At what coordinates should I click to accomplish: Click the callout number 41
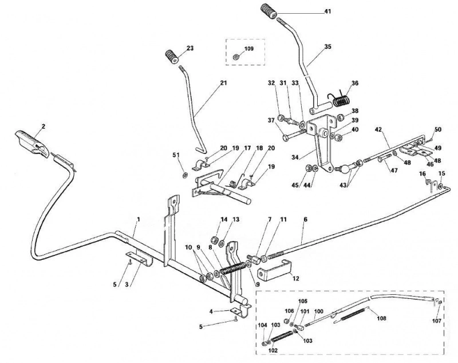pos(327,11)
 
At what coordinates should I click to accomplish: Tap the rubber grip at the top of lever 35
pos(269,11)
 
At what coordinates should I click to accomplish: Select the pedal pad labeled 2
pos(33,143)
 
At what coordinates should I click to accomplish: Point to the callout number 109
pos(249,49)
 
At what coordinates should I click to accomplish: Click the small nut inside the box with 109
pos(235,57)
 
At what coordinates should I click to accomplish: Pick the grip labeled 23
pos(172,56)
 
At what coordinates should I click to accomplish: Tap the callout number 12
pos(295,278)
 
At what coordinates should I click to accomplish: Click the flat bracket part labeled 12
pos(274,270)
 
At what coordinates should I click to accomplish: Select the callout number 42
pos(378,129)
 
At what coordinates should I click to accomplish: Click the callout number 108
pos(381,318)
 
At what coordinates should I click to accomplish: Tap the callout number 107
pos(437,321)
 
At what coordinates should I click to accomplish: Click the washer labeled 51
pos(185,175)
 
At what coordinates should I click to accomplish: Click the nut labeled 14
pos(214,239)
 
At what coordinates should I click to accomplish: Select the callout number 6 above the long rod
pos(306,219)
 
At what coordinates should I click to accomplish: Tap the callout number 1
pos(139,219)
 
